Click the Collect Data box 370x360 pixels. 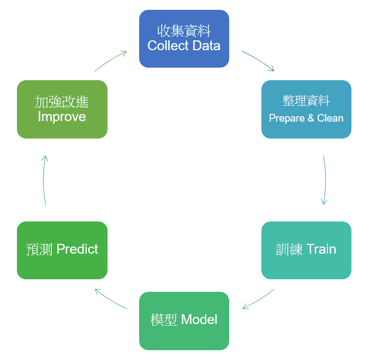(x=184, y=39)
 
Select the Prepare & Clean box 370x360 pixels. (x=306, y=109)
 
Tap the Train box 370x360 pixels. (x=306, y=250)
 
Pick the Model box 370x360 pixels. (x=184, y=321)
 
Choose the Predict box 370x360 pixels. (x=62, y=250)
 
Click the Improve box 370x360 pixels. (x=62, y=109)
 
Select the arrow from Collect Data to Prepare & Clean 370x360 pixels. (x=259, y=59)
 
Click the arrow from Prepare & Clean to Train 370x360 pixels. (x=325, y=180)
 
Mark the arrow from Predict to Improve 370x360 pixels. (x=44, y=180)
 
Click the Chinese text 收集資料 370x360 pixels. (x=184, y=31)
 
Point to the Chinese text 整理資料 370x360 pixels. (x=306, y=101)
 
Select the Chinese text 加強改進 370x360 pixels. (x=62, y=102)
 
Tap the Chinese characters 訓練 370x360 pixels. (x=289, y=249)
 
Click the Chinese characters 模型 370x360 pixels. (x=164, y=320)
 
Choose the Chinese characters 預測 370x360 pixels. (x=39, y=249)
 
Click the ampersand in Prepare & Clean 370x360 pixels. (x=311, y=118)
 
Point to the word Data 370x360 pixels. (x=206, y=45)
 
